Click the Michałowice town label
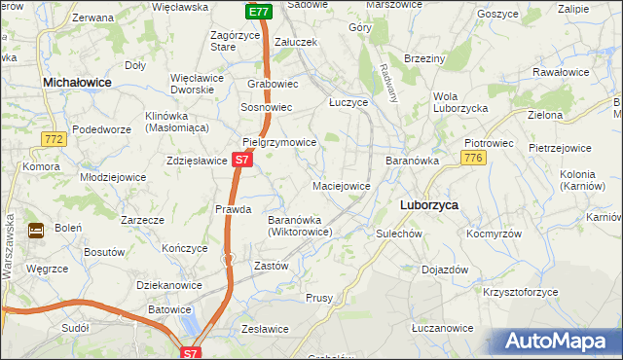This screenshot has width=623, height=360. coord(77,84)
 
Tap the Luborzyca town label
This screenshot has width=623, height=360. coord(429,205)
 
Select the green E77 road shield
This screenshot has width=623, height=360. coord(257,12)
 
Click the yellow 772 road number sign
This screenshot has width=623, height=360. coord(54,140)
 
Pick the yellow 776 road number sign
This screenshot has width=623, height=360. coord(474,158)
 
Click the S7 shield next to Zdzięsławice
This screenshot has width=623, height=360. coord(243,158)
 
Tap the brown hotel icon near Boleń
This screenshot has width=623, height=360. coord(36,231)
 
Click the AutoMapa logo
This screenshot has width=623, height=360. coord(554,342)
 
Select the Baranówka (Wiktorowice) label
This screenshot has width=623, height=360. coord(301,226)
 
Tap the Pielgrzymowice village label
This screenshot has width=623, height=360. coord(279,142)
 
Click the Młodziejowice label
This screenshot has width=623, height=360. coord(113,177)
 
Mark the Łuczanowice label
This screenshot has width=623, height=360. coord(442,329)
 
